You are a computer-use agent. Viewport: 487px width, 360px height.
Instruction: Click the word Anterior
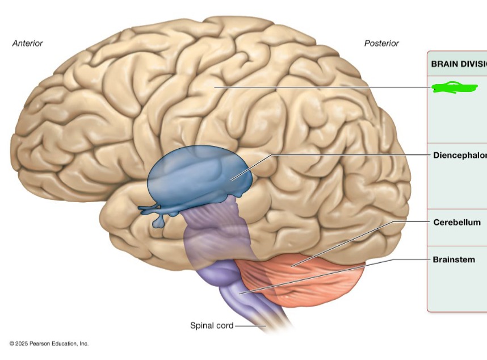[x=27, y=43]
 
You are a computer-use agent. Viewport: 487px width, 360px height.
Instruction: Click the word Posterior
[x=381, y=43]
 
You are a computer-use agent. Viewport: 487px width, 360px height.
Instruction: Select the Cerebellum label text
[x=456, y=223]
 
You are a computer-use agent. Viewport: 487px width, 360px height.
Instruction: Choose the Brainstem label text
[x=454, y=259]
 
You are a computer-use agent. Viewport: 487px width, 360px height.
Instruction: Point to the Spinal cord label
[x=211, y=325]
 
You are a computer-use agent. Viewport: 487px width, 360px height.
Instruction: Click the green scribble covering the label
[x=454, y=87]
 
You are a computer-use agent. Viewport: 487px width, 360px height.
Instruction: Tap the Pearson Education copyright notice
[x=49, y=344]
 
